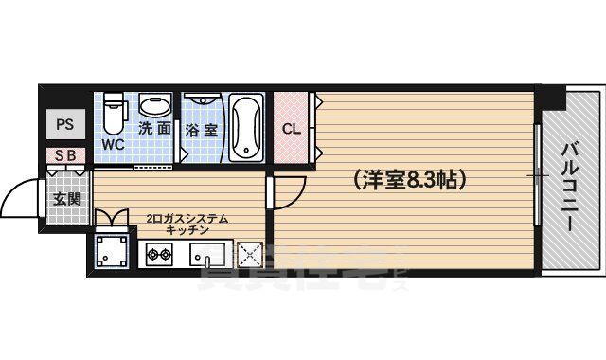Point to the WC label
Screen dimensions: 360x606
pyautogui.click(x=113, y=145)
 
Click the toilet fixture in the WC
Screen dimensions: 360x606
pyautogui.click(x=115, y=115)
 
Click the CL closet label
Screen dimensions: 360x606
pyautogui.click(x=291, y=129)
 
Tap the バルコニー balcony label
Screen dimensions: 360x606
pyautogui.click(x=571, y=185)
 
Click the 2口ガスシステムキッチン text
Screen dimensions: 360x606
pyautogui.click(x=187, y=225)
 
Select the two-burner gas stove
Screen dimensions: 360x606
pyautogui.click(x=158, y=254)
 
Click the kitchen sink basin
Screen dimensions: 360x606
pyautogui.click(x=206, y=255)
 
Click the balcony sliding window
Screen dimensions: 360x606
pyautogui.click(x=538, y=177)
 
